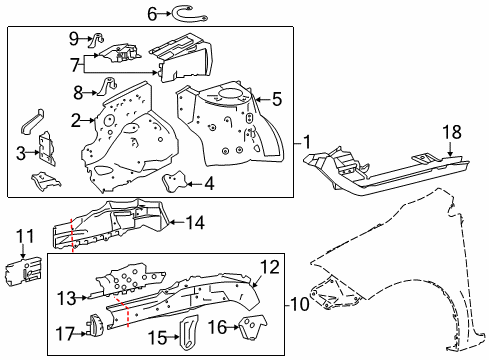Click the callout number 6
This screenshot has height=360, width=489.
pos(152,13)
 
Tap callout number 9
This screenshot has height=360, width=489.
pos(73,38)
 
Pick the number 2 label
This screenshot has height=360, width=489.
pos(75,121)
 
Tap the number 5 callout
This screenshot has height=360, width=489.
pos(277,98)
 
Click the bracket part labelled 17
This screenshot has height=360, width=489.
pos(96,325)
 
